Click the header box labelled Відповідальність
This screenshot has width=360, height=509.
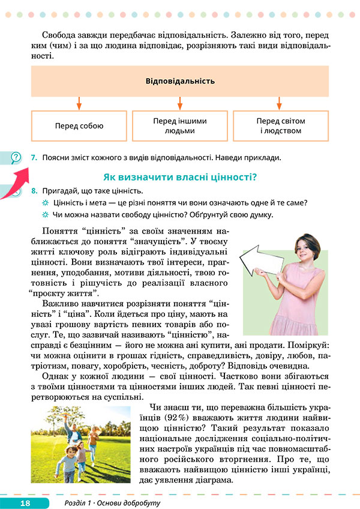pos(180,81)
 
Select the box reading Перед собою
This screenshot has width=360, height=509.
pos(79,126)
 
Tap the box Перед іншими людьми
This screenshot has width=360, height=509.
pos(179,125)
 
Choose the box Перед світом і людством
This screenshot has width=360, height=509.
pos(281,125)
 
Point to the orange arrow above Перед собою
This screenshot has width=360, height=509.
pos(79,103)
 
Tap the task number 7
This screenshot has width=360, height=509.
pos(34,158)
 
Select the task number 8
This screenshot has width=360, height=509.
pos(34,190)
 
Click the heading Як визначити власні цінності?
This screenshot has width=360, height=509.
pos(180,176)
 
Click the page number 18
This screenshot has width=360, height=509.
pos(25,502)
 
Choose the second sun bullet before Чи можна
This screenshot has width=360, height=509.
pos(45,214)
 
